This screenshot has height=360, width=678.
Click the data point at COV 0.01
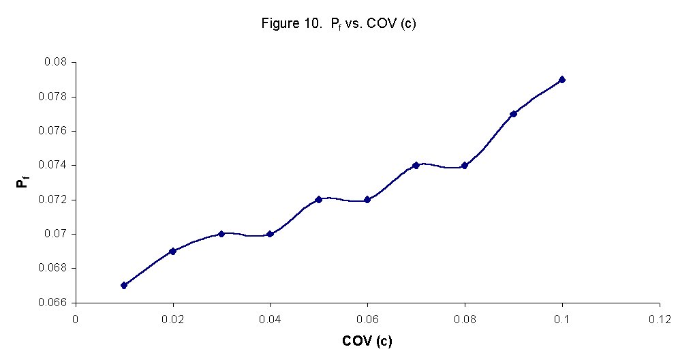124,285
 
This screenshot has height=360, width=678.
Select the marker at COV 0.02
172,251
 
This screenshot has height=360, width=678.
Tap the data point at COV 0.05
318,199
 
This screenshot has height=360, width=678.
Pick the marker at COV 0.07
416,165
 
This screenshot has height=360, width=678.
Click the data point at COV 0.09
513,114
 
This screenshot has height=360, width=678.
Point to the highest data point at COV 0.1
562,80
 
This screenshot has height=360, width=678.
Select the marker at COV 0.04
270,234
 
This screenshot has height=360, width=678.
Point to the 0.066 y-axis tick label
55,303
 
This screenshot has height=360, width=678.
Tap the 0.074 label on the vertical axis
55,166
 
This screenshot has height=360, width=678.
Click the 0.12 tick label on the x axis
660,318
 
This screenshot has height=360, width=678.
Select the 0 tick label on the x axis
76,318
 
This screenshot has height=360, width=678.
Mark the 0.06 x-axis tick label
367,318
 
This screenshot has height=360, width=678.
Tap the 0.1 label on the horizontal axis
562,318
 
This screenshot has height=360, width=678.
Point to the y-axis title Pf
25,181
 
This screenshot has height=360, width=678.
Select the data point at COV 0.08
465,165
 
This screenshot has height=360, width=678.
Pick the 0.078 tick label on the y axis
55,97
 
